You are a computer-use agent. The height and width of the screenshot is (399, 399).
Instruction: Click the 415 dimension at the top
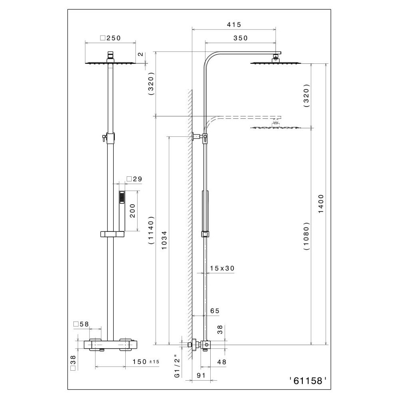(x=234, y=25)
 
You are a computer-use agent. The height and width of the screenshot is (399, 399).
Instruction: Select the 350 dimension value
(x=241, y=38)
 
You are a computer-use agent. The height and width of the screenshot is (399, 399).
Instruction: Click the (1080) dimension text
(x=307, y=236)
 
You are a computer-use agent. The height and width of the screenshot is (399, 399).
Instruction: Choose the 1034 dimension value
(x=164, y=240)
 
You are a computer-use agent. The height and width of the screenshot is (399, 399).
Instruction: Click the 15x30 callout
(x=222, y=269)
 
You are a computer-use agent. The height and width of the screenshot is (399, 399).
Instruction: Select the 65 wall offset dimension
(x=214, y=310)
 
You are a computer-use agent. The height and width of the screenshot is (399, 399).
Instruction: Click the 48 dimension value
(x=221, y=362)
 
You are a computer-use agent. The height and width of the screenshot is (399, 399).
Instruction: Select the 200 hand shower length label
(x=132, y=211)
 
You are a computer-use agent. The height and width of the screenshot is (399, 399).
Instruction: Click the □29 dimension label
(x=134, y=179)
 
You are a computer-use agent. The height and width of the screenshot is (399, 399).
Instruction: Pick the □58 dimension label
(x=81, y=324)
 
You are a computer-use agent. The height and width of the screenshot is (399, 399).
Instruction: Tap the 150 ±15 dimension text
(x=146, y=362)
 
